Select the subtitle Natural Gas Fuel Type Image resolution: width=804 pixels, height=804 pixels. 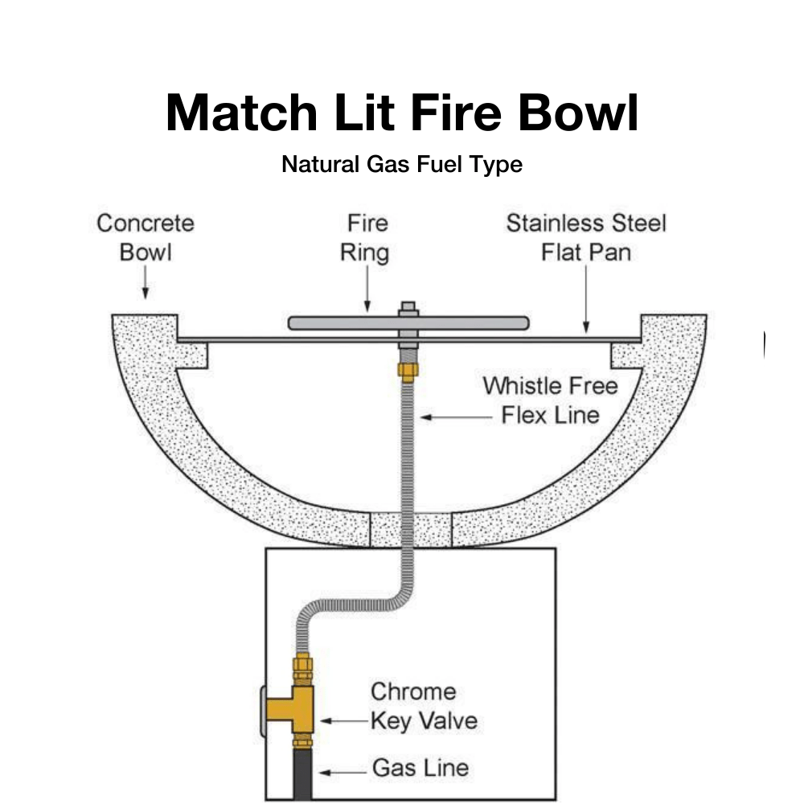tap(402, 165)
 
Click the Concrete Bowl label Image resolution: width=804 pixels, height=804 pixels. tap(146, 237)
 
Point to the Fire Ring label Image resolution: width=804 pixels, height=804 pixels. tap(367, 237)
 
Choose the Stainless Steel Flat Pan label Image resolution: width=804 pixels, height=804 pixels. tap(586, 237)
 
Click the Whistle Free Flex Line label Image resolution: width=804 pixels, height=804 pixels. tap(551, 400)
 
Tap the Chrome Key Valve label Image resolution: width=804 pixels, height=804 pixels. tap(424, 706)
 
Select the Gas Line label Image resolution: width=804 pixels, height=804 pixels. tap(420, 768)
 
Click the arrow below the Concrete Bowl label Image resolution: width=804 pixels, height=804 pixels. tap(146, 286)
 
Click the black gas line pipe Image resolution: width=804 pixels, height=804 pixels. tap(303, 776)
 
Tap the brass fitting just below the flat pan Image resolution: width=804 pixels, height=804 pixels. tap(408, 369)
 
